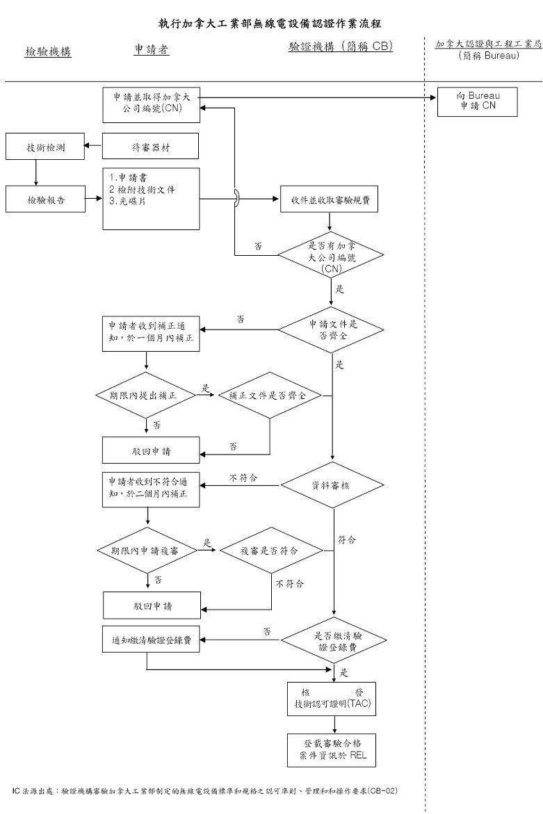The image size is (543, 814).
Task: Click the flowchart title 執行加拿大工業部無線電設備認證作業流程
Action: point(270,24)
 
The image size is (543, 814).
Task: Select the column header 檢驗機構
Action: point(48,51)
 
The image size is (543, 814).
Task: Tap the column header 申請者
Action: point(152,50)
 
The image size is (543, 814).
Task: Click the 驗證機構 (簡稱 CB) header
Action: point(341,48)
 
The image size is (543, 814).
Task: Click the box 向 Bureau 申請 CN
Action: point(476,101)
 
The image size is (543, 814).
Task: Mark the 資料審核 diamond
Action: point(334,485)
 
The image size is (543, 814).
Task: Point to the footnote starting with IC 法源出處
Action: point(206,791)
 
